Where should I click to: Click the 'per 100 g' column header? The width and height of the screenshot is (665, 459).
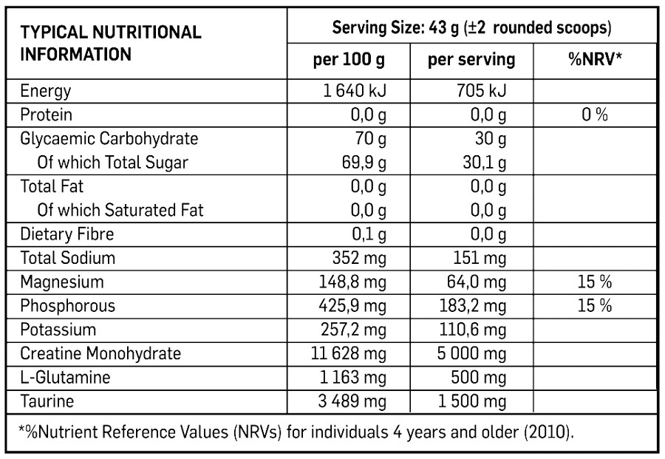[x=349, y=60]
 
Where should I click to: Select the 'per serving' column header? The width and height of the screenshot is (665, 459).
[x=471, y=60]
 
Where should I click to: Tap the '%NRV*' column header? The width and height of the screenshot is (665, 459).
[x=594, y=60]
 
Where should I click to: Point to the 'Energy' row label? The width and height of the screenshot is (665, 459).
[x=46, y=92]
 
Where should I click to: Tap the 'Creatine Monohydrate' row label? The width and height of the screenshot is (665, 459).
[x=100, y=353]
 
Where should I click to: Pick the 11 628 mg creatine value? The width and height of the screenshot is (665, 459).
[x=349, y=353]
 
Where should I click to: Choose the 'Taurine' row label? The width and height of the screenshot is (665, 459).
[x=47, y=401]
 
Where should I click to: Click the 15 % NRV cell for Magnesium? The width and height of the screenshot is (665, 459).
[x=594, y=282]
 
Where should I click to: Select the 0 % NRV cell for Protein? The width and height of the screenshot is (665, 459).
[x=594, y=115]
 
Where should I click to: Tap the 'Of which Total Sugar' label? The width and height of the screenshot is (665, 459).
[x=112, y=163]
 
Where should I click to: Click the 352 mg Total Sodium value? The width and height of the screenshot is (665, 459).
[x=358, y=258]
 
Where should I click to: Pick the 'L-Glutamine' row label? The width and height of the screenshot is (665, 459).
[x=65, y=378]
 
